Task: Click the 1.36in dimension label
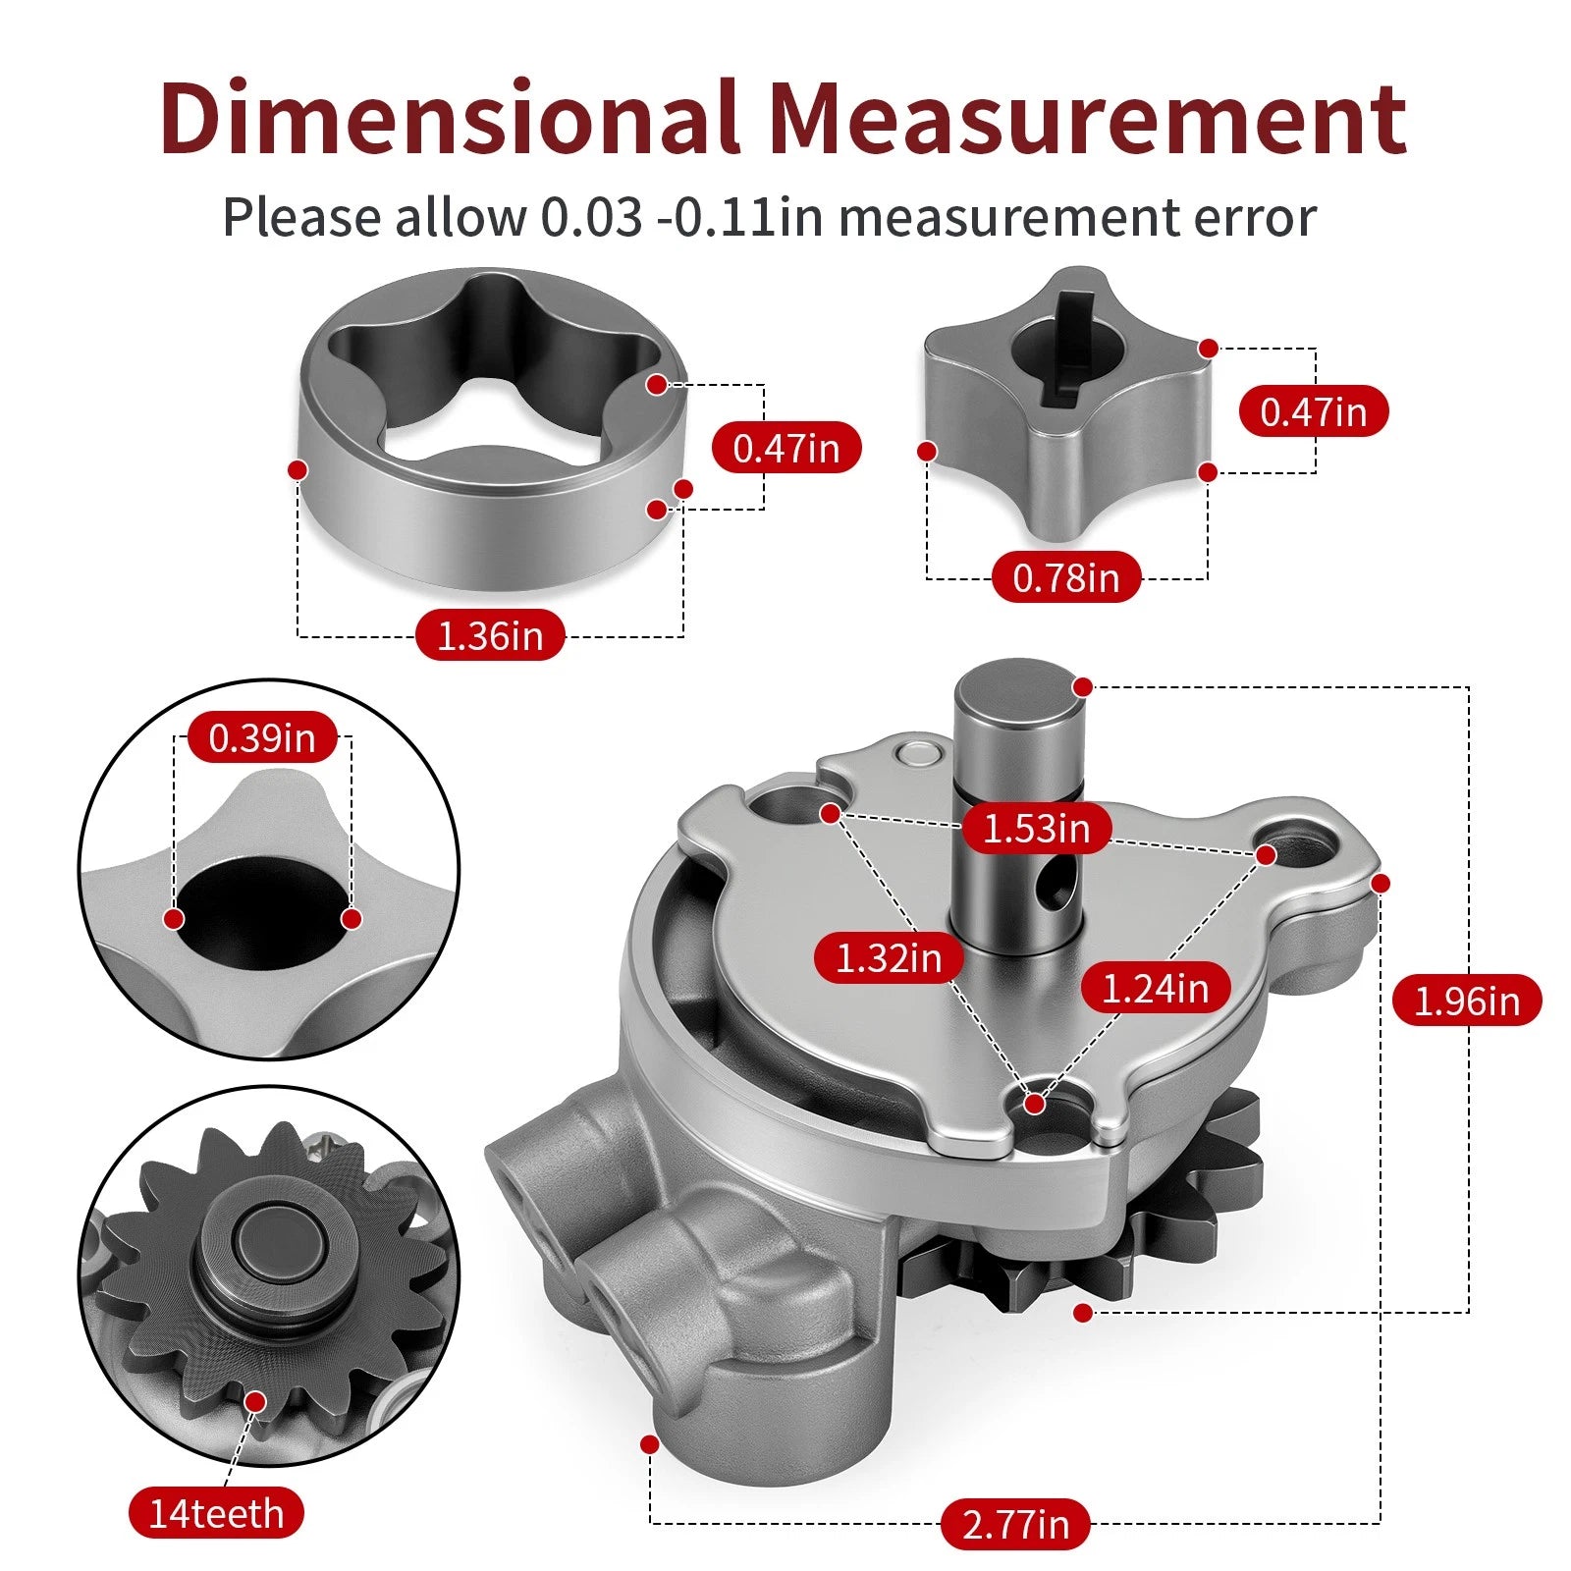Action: click(490, 635)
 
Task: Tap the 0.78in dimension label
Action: click(1066, 577)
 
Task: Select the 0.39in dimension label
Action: click(262, 737)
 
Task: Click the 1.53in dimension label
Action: click(1036, 828)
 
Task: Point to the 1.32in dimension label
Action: click(889, 957)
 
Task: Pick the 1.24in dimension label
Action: click(1156, 988)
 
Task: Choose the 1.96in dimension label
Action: click(1467, 1001)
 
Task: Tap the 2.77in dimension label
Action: click(1015, 1524)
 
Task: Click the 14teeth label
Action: click(216, 1513)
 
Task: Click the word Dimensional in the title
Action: click(449, 118)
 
